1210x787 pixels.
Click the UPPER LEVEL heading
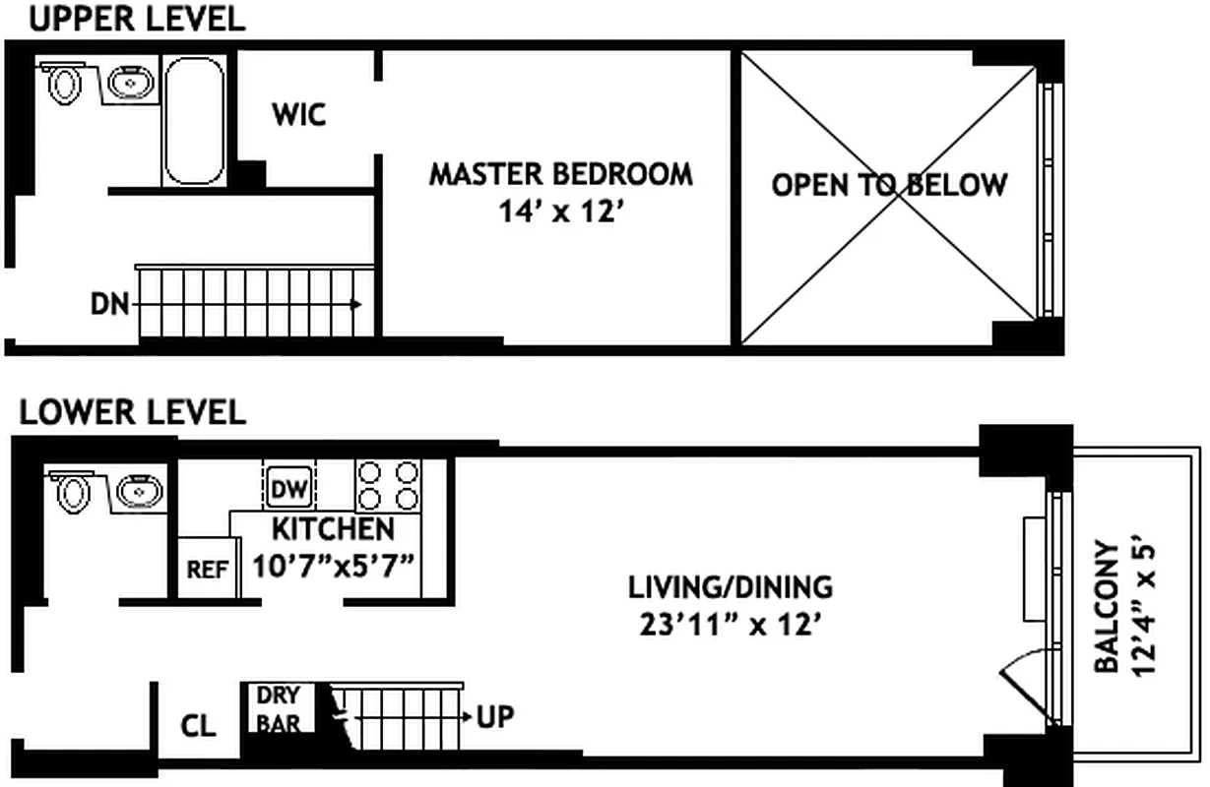(x=136, y=19)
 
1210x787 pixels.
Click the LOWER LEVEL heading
(x=132, y=411)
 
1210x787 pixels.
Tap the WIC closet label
(x=298, y=115)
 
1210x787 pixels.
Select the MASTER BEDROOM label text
(x=560, y=174)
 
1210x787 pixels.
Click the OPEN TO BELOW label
(x=889, y=185)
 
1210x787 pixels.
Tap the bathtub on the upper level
(x=193, y=120)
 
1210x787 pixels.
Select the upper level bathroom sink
(x=129, y=84)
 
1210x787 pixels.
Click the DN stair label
(x=109, y=305)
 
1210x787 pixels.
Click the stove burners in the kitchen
(x=388, y=484)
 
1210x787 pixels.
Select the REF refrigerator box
(x=208, y=570)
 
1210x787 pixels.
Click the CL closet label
(x=198, y=726)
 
